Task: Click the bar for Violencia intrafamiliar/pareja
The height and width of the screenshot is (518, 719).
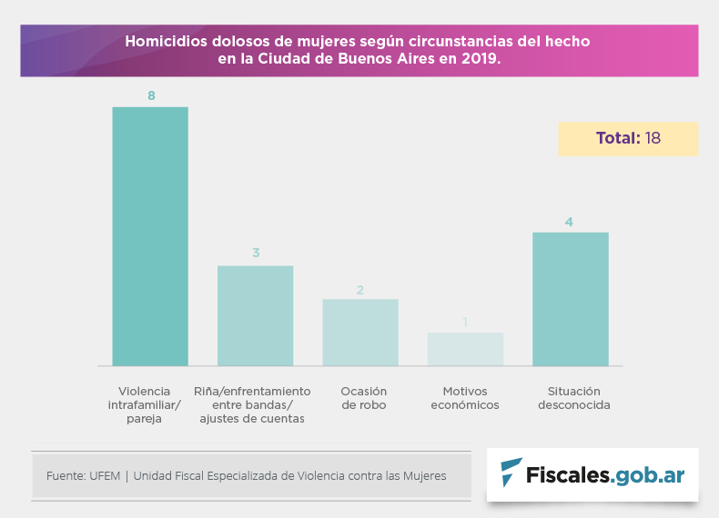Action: [x=150, y=236]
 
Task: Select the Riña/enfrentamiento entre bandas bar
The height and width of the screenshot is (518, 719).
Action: [x=255, y=315]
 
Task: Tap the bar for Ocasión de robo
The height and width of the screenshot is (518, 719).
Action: [x=360, y=332]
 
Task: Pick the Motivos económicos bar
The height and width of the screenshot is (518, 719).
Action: [x=465, y=349]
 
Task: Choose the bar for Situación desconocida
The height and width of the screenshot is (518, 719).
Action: [x=570, y=299]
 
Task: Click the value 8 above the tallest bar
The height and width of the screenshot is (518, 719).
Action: [x=150, y=95]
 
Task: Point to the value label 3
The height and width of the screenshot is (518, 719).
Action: [x=256, y=253]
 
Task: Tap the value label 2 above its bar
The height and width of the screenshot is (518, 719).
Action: [x=360, y=290]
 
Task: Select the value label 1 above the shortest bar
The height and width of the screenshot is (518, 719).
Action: [x=465, y=322]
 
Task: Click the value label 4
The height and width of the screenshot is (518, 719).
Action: [x=569, y=222]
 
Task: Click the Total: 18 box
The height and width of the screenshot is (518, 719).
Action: [x=628, y=139]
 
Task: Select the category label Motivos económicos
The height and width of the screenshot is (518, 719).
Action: [x=465, y=398]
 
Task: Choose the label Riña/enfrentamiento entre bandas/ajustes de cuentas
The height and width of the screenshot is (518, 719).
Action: [x=253, y=404]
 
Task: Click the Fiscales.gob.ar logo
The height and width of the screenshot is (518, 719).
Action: [x=592, y=473]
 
